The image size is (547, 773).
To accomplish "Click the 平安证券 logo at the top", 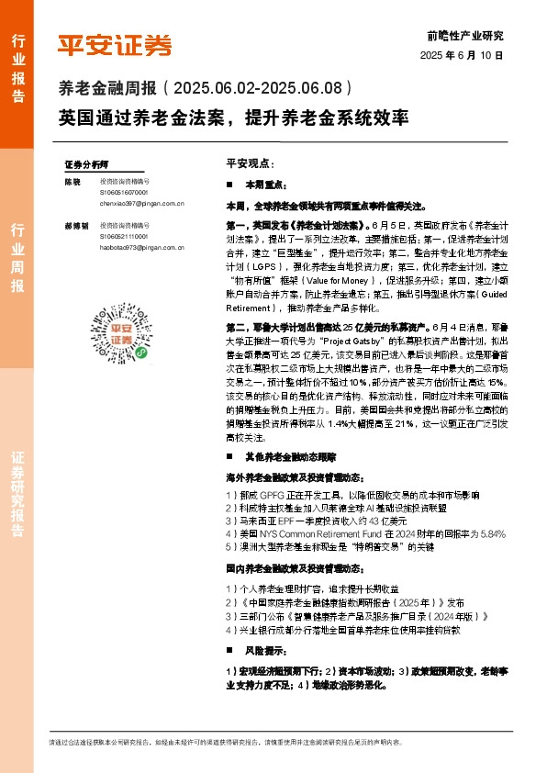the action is [115, 45].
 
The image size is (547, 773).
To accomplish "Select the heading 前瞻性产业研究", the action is [465, 37].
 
